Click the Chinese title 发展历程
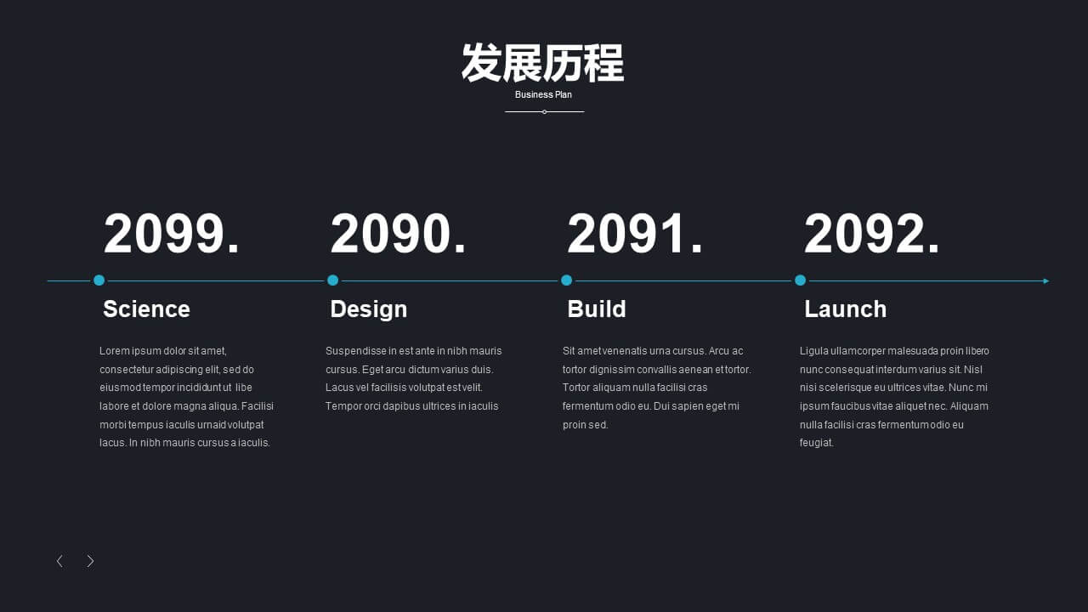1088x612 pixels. coord(542,63)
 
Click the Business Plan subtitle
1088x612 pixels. coord(543,94)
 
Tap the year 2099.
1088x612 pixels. coord(172,234)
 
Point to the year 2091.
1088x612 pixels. coord(635,234)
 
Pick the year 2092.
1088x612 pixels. coord(872,234)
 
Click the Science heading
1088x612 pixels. coord(146,309)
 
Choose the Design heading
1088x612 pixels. coord(369,309)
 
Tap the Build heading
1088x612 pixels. coord(597,309)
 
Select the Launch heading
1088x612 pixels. coord(845,309)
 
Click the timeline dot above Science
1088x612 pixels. coord(99,280)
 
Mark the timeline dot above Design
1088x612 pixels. coord(332,280)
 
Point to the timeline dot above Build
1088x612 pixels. coord(566,280)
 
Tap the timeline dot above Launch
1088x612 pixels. coord(801,280)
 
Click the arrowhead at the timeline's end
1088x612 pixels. coord(1045,280)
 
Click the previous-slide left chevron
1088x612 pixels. coord(59,561)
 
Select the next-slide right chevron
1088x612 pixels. coord(90,561)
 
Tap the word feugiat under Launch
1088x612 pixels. coord(817,443)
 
